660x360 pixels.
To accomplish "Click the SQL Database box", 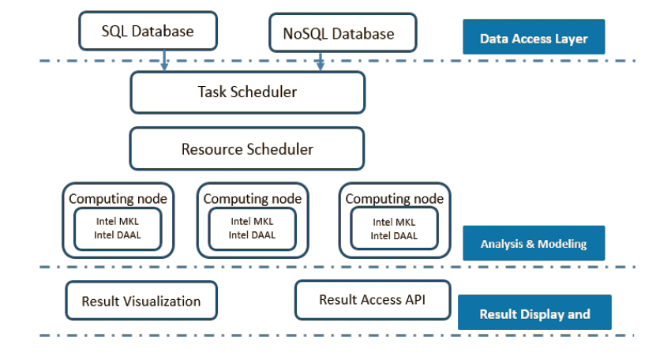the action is (148, 31).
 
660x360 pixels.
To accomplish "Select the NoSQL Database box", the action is (343, 33).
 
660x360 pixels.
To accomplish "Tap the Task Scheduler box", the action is (248, 92).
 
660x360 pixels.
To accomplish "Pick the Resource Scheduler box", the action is (247, 148).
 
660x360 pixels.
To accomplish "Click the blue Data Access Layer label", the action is (534, 36).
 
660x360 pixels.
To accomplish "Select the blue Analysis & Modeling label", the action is (534, 243).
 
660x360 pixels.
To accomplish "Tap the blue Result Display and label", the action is (534, 312).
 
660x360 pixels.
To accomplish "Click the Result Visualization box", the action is (141, 301).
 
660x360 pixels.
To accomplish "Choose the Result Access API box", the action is (373, 300).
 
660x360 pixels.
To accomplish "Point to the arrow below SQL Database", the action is (164, 60).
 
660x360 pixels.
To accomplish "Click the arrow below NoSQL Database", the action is (321, 61).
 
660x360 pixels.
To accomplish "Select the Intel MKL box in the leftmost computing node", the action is (118, 229).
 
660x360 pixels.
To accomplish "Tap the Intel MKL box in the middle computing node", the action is (253, 229).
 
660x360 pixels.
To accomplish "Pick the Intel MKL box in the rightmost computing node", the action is (395, 229).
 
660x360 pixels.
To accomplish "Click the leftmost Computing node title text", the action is (118, 199).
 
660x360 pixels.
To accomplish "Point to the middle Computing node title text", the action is (253, 199).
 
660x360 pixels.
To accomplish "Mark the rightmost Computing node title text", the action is (395, 199).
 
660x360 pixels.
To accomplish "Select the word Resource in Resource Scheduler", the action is (212, 149).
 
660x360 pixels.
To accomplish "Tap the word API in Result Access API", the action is (415, 299).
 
